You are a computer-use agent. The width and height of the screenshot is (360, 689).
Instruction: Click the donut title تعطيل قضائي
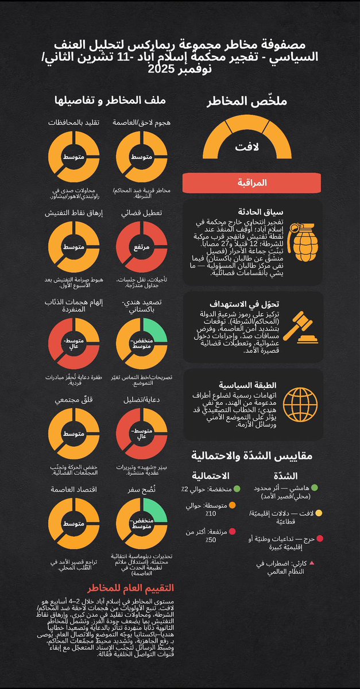142,213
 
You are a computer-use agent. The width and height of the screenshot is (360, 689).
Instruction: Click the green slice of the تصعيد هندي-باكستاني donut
155,325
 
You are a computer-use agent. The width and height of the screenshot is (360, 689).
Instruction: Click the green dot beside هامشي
314,488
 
